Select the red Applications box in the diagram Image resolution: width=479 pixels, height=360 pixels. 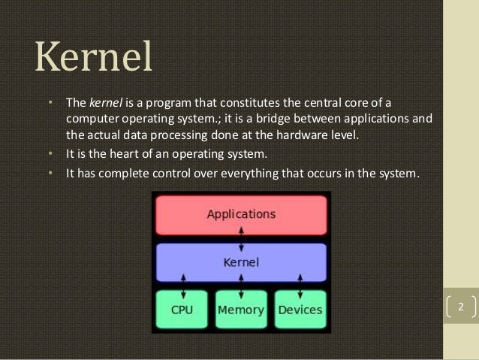coord(241,214)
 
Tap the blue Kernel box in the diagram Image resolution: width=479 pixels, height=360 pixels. coord(241,262)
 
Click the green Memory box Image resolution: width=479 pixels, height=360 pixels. coord(241,310)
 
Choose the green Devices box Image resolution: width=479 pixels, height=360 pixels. coord(300,310)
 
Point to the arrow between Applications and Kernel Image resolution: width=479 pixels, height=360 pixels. coord(241,238)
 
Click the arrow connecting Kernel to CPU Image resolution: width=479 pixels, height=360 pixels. coord(183,286)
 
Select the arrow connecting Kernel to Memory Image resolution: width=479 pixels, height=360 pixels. coord(241,286)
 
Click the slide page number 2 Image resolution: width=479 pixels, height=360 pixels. coord(461,307)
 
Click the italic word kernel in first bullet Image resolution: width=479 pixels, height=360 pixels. coord(104,102)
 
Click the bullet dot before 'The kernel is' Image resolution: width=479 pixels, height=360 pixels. coord(50,102)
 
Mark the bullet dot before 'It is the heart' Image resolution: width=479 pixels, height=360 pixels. coord(50,155)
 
